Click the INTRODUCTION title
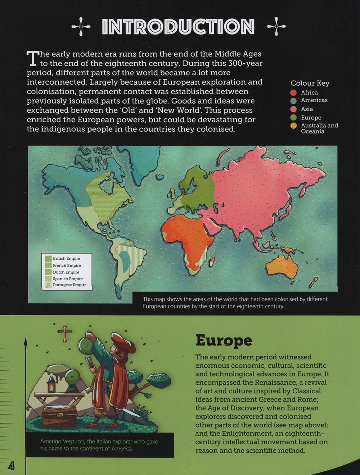coord(178,27)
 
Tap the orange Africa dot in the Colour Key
coord(294,93)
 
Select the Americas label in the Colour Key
coord(314,100)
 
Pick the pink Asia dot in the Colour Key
coord(294,109)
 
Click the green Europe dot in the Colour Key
coord(294,118)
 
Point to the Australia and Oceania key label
coord(319,128)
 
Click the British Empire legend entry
coord(66,258)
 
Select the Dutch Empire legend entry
coord(66,272)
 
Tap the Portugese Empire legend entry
coord(69,285)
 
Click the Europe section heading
coord(224,340)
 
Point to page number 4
coord(12,466)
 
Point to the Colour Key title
coord(310,83)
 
